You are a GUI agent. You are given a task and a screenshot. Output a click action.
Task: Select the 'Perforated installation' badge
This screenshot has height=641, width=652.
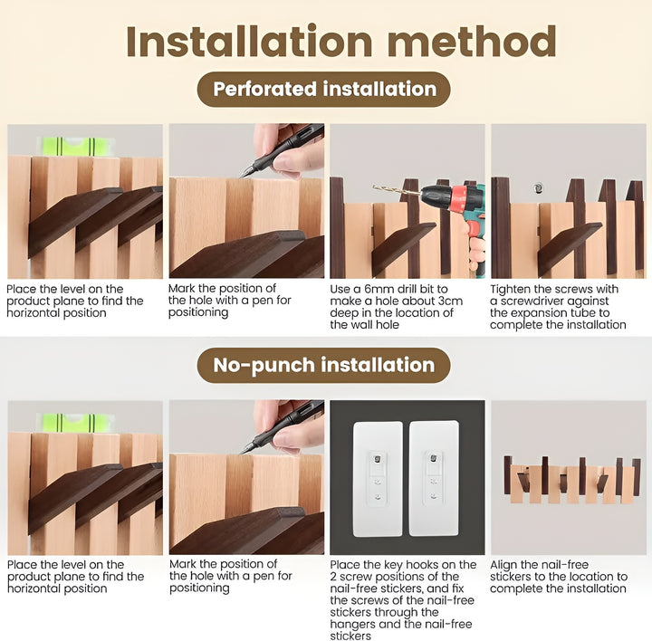324,90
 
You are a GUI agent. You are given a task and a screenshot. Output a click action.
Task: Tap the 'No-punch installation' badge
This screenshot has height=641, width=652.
324,366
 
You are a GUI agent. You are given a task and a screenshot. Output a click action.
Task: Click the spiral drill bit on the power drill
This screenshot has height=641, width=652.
396,190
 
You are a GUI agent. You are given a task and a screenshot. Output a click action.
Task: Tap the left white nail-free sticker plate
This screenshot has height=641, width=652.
378,476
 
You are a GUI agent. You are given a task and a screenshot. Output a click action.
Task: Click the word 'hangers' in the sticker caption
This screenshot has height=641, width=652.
354,624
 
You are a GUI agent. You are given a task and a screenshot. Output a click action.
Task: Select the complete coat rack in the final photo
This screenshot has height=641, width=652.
571,479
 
